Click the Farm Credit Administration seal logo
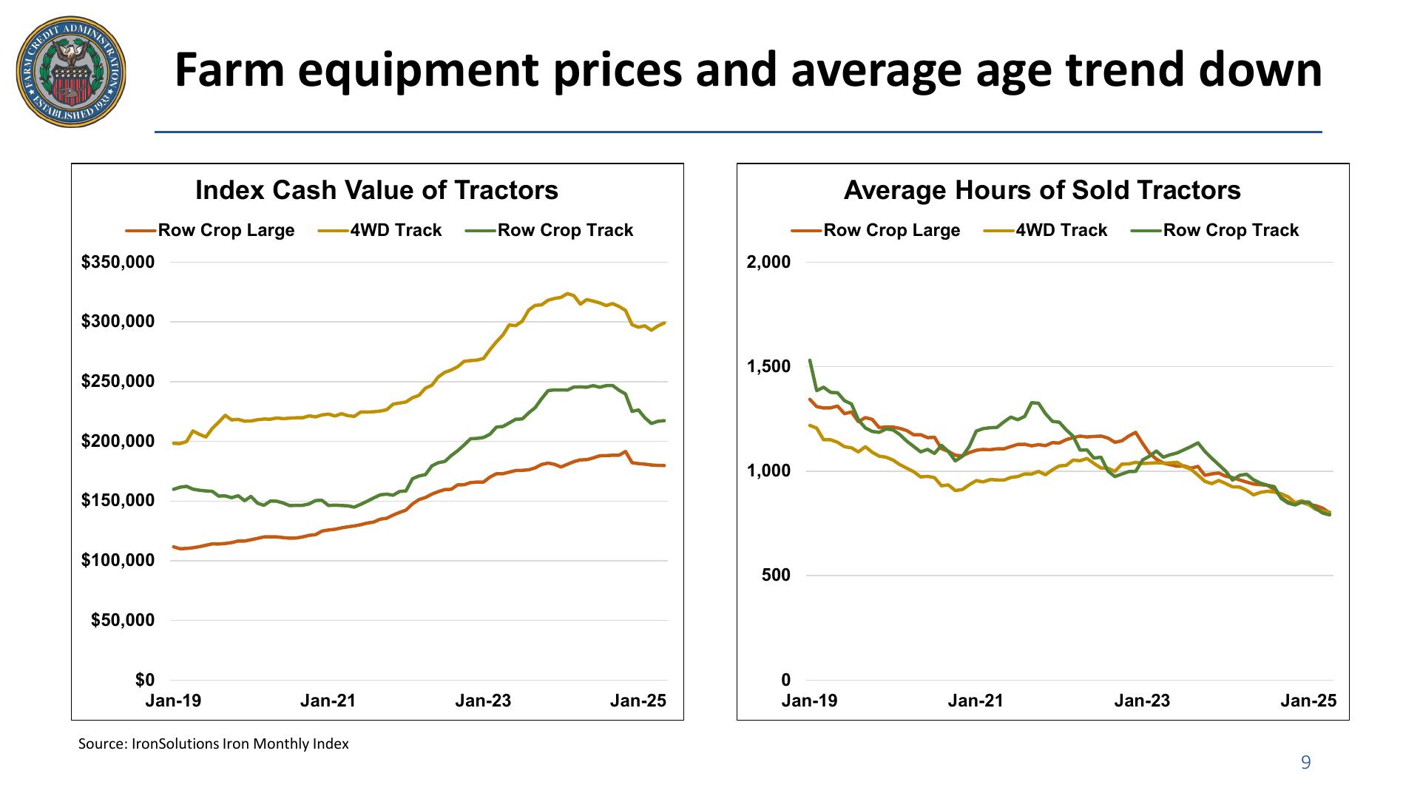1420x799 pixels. pyautogui.click(x=71, y=73)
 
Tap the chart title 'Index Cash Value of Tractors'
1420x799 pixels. pyautogui.click(x=376, y=190)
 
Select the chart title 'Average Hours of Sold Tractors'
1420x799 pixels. pyautogui.click(x=1042, y=190)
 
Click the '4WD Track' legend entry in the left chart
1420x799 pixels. pyautogui.click(x=395, y=230)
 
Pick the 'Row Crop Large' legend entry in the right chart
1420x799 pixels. pyautogui.click(x=891, y=230)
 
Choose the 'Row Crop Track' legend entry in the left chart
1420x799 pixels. pyautogui.click(x=565, y=230)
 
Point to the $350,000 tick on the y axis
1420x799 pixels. pyautogui.click(x=123, y=262)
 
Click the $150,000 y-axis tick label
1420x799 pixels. pyautogui.click(x=123, y=501)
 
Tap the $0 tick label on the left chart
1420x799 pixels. pyautogui.click(x=145, y=679)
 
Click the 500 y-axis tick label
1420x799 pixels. pyautogui.click(x=777, y=575)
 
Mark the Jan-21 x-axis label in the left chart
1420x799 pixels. pyautogui.click(x=328, y=701)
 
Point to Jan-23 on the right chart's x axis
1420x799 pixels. pyautogui.click(x=1142, y=701)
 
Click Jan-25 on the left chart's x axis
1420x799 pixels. pyautogui.click(x=638, y=701)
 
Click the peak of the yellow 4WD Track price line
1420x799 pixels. pyautogui.click(x=568, y=294)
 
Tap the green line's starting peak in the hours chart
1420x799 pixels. pyautogui.click(x=810, y=360)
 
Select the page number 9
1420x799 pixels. pyautogui.click(x=1305, y=763)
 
